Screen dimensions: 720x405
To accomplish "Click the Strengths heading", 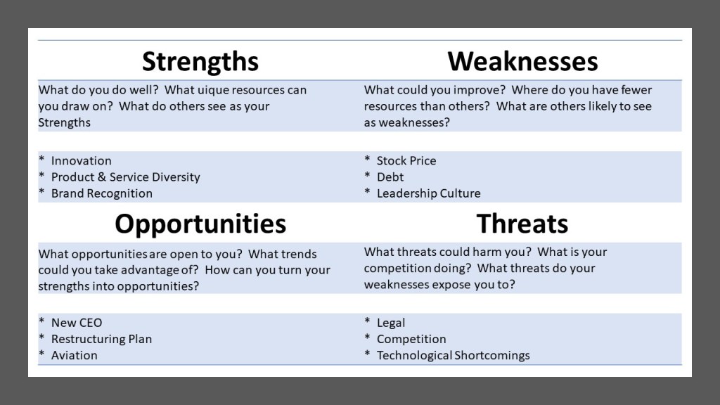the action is pyautogui.click(x=200, y=62).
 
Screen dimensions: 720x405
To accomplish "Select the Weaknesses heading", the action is pyautogui.click(x=522, y=61).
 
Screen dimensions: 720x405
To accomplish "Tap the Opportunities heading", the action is pyautogui.click(x=200, y=224).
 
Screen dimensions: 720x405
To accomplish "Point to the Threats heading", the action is pyautogui.click(x=522, y=224).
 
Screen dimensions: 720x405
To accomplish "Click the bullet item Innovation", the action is pyautogui.click(x=82, y=161).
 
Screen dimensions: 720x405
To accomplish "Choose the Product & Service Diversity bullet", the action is pyautogui.click(x=125, y=177).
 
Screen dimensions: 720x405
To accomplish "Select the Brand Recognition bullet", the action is pyautogui.click(x=101, y=194).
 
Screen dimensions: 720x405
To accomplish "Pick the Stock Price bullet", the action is pyautogui.click(x=406, y=161).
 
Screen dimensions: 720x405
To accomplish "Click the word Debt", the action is pyautogui.click(x=390, y=177).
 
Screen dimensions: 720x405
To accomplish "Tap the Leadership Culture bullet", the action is pyautogui.click(x=428, y=194).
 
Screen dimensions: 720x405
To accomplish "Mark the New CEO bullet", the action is pyautogui.click(x=77, y=323).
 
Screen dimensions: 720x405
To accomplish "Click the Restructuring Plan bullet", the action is pyautogui.click(x=101, y=340).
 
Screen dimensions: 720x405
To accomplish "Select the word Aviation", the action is pyautogui.click(x=75, y=355).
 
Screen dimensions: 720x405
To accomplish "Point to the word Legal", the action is pyautogui.click(x=391, y=323).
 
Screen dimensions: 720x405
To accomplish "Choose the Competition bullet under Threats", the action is pyautogui.click(x=411, y=340).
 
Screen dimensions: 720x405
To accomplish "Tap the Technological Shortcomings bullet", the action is pyautogui.click(x=454, y=356).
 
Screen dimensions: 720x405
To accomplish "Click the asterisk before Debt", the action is pyautogui.click(x=367, y=175).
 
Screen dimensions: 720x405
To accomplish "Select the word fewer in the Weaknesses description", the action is pyautogui.click(x=636, y=90).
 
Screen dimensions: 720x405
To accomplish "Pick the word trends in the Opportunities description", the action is pyautogui.click(x=298, y=255).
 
